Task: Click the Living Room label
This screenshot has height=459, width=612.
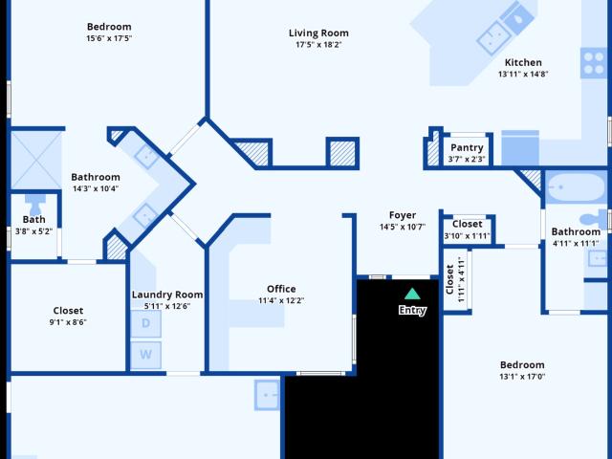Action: coord(318,33)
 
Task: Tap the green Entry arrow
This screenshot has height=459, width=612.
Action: coord(412,294)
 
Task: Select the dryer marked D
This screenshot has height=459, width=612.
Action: coord(145,323)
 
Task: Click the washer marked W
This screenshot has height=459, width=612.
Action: coord(145,355)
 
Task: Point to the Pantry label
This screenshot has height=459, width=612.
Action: coord(467,147)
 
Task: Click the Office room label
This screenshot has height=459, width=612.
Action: coord(281,289)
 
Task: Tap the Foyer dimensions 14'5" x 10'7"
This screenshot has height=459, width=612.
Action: coord(403,227)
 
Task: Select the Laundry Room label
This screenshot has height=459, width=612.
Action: coord(167,295)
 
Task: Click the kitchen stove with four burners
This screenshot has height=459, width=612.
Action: coord(594,63)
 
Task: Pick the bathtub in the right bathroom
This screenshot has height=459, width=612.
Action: coord(576,187)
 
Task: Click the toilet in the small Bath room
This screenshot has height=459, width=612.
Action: coord(35,204)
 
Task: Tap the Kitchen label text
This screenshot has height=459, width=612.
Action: coord(523,62)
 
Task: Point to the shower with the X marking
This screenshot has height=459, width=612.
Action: coord(36,161)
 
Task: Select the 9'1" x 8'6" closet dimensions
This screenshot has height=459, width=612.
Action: coord(68,322)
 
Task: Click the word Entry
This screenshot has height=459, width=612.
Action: coord(412,310)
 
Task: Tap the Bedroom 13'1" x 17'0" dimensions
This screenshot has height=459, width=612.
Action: coord(522,377)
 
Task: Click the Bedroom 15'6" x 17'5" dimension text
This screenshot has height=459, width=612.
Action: coord(109,38)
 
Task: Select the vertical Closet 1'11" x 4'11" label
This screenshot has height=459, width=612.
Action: coord(455,279)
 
